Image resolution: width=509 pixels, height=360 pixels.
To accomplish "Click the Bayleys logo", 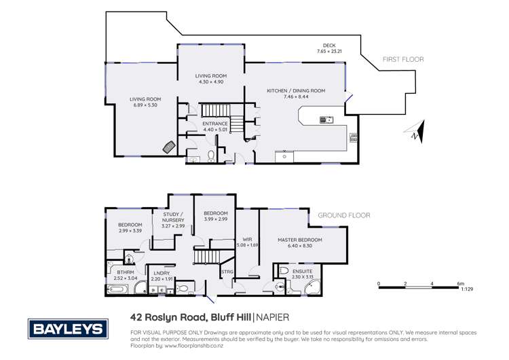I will [67, 329].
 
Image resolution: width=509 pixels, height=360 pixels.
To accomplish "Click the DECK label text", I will [329, 46].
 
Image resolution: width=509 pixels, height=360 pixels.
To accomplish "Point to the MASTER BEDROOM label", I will [299, 240].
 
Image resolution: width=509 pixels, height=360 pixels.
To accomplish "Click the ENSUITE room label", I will [302, 271].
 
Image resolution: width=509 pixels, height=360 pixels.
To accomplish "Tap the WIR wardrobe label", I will [247, 239].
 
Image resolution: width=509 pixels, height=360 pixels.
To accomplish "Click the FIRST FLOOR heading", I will [403, 60].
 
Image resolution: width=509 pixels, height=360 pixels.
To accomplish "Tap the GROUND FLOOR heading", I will [344, 215].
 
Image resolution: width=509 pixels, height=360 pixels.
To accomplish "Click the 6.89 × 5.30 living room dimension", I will [145, 105].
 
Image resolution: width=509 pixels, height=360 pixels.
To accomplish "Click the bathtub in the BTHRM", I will [117, 290].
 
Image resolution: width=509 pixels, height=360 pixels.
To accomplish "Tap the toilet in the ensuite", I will [284, 272].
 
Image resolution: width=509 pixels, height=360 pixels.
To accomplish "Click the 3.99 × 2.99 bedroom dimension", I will [215, 219].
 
